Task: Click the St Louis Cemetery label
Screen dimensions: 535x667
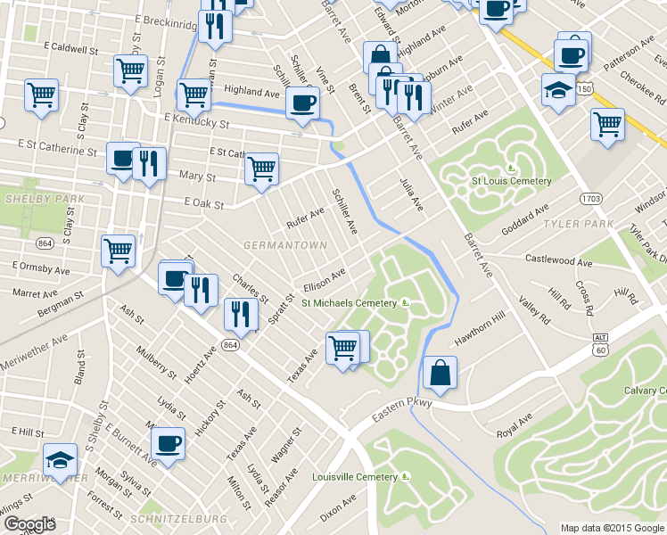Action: click(x=511, y=181)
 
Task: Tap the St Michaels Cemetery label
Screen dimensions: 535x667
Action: click(x=348, y=303)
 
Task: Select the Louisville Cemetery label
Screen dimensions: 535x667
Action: click(x=354, y=477)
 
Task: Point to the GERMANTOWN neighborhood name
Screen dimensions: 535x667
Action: click(x=284, y=243)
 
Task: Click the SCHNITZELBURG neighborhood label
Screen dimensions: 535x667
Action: click(x=166, y=517)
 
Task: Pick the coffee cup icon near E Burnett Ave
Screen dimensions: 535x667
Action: click(x=168, y=443)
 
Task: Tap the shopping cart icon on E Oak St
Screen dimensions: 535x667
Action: click(x=261, y=168)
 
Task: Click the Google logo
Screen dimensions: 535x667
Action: click(x=30, y=524)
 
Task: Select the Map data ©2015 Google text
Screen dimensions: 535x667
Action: click(x=612, y=528)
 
